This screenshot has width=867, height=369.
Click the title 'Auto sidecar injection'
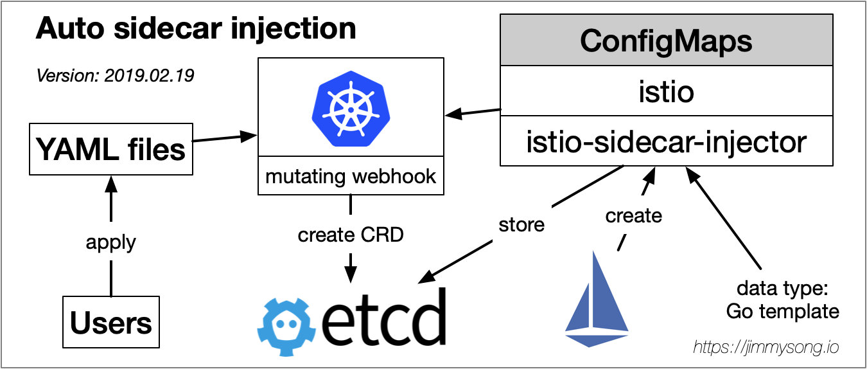click(196, 29)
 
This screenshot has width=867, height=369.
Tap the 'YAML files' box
click(111, 150)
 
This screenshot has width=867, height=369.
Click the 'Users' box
click(111, 322)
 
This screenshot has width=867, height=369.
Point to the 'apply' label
click(111, 242)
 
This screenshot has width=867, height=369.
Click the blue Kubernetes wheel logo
click(350, 107)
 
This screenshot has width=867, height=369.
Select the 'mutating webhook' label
click(350, 175)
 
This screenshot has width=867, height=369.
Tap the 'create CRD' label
click(350, 235)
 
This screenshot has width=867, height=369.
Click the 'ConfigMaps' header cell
click(666, 41)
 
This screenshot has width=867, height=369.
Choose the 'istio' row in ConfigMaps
click(666, 92)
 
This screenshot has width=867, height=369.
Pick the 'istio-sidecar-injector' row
click(666, 141)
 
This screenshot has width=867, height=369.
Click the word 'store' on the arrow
click(521, 224)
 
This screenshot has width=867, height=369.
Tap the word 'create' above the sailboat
click(633, 216)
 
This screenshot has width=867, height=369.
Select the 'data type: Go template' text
click(782, 300)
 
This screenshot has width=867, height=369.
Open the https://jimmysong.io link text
click(766, 348)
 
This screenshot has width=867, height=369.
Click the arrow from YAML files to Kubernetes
click(225, 138)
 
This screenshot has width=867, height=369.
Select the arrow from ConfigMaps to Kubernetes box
click(473, 113)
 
